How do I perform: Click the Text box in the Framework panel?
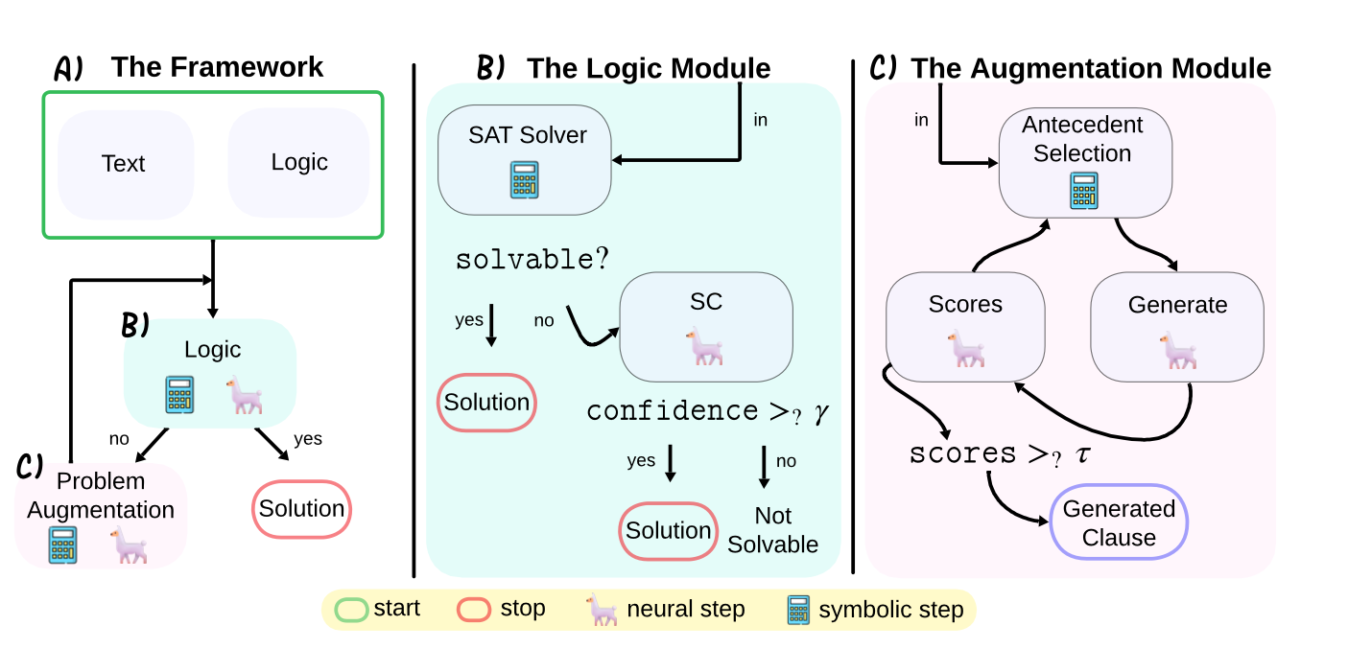(125, 164)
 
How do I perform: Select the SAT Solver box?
(525, 158)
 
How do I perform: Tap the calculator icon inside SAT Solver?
(525, 179)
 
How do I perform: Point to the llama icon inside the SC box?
(705, 347)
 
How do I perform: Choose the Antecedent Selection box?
(1083, 161)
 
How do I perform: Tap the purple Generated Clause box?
(1119, 522)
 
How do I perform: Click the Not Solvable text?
(772, 530)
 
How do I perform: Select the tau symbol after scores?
(1082, 453)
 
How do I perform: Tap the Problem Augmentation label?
(101, 496)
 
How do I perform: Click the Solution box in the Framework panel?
(301, 509)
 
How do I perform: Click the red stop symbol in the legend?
(474, 610)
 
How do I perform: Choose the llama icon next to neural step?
(603, 610)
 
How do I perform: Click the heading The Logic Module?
(649, 68)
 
